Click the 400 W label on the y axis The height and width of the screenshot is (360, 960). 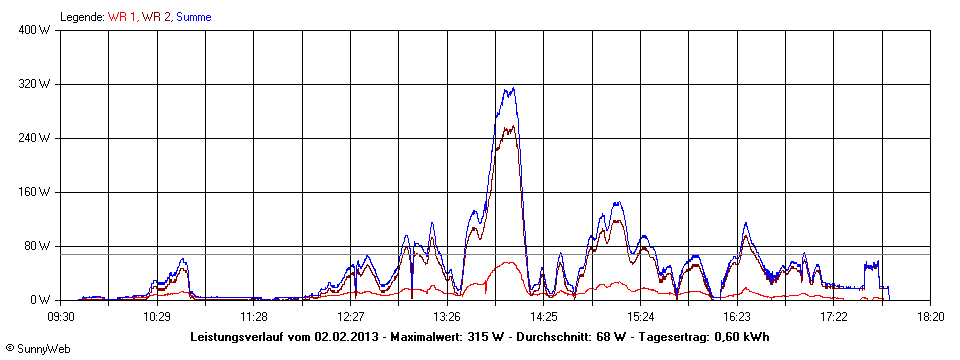click(x=36, y=30)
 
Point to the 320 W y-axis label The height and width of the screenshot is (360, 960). click(x=36, y=84)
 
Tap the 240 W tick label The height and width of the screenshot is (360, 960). click(x=36, y=138)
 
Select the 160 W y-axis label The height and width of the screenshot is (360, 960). click(x=36, y=192)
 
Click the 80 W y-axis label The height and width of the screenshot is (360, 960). click(x=39, y=246)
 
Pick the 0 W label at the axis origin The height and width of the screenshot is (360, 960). click(x=42, y=300)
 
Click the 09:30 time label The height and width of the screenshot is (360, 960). click(x=61, y=317)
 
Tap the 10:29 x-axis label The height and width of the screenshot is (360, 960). click(x=157, y=317)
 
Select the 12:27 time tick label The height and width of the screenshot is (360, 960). click(x=351, y=317)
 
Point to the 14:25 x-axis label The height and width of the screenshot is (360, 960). click(x=544, y=317)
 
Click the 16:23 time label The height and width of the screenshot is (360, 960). click(x=737, y=317)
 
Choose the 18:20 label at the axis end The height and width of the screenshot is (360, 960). click(x=931, y=317)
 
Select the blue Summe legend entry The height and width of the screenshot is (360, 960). click(x=193, y=17)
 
